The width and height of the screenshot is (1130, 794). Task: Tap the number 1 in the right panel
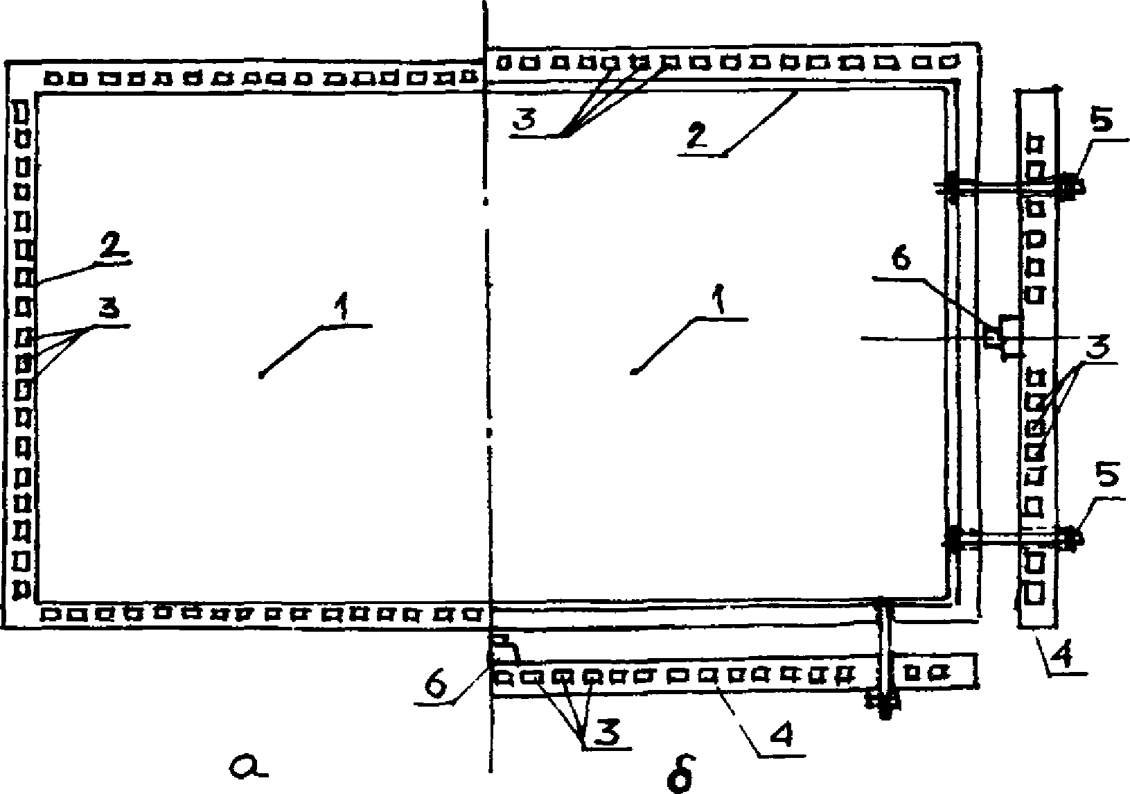tap(721, 303)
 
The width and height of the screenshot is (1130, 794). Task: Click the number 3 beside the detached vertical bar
tap(1098, 345)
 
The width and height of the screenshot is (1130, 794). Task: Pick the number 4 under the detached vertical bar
tap(1065, 653)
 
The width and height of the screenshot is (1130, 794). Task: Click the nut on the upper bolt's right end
tap(1070, 186)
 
